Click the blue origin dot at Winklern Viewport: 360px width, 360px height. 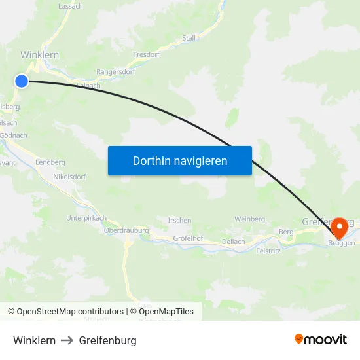click(22, 81)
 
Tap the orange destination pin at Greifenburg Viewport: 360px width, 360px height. click(340, 228)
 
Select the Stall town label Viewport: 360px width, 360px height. click(189, 38)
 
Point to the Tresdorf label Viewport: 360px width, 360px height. click(146, 55)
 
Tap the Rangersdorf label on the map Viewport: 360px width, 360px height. click(115, 72)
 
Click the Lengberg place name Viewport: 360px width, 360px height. click(50, 162)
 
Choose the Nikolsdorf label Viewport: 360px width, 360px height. click(70, 177)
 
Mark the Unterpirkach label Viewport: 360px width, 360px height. click(86, 218)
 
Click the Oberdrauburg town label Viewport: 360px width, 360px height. click(127, 230)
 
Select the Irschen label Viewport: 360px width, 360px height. click(180, 221)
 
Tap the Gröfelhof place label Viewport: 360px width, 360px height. click(187, 238)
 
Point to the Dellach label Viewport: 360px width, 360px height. click(233, 242)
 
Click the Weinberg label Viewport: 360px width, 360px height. click(249, 219)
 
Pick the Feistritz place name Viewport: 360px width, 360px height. click(268, 251)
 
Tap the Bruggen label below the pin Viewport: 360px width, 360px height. click(342, 243)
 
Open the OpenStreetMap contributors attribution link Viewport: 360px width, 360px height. click(70, 312)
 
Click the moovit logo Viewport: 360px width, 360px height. click(321, 340)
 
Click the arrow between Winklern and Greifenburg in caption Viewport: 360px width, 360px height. click(67, 340)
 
